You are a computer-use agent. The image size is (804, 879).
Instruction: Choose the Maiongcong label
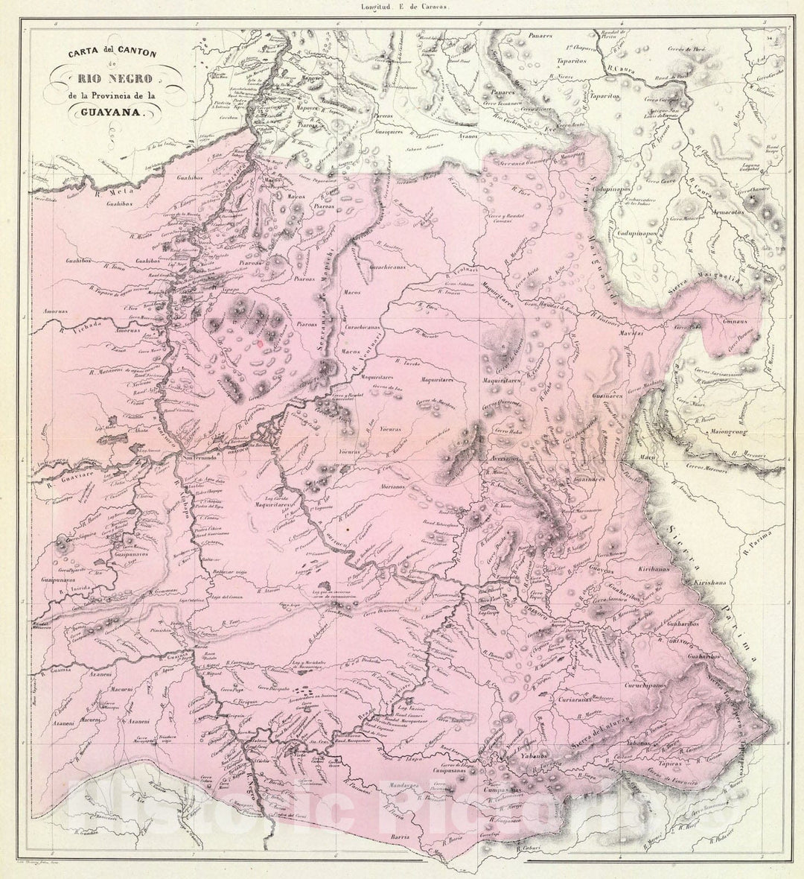point(718,429)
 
